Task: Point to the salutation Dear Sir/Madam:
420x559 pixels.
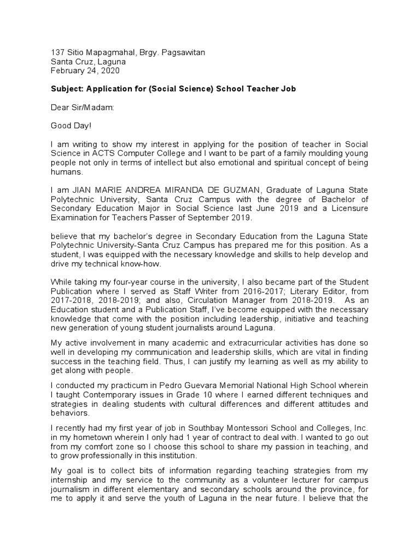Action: [83, 107]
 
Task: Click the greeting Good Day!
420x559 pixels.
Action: [71, 126]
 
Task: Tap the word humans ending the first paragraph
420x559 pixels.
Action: [66, 171]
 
